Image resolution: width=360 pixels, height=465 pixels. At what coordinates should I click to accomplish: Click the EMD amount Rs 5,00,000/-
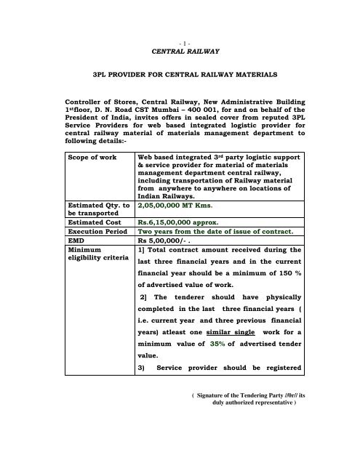tap(169, 246)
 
